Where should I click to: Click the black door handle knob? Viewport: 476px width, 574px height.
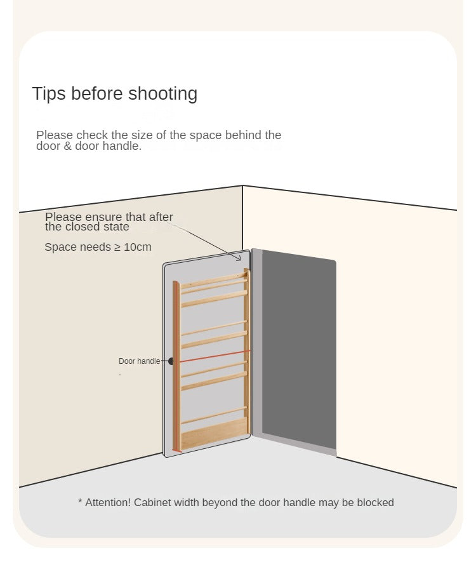point(171,361)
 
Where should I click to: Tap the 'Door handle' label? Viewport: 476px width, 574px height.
point(140,361)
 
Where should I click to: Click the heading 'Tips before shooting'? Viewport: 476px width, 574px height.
point(115,94)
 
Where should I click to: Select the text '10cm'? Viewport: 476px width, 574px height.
point(138,247)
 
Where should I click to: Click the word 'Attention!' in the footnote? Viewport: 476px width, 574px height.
point(108,502)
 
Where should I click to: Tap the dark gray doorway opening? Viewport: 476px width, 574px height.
point(298,350)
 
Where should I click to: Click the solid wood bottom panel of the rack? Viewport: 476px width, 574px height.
point(214,433)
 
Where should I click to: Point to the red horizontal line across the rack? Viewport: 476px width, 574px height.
point(215,356)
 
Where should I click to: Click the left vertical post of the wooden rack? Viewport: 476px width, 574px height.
point(176,366)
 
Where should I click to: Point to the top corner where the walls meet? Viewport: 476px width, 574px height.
point(242,186)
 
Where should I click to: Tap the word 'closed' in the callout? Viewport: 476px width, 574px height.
point(76,227)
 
